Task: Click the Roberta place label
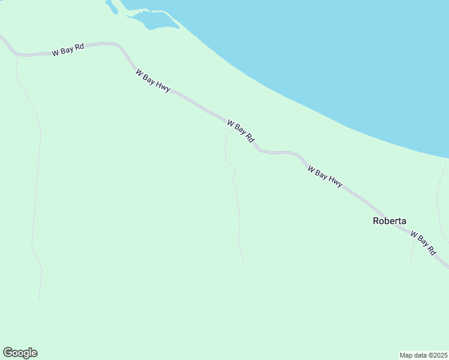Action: [x=389, y=220]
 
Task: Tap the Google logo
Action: [x=20, y=353]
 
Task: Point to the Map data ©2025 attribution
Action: [x=424, y=355]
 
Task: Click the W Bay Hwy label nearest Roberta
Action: [x=325, y=177]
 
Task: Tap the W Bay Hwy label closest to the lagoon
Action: [x=152, y=80]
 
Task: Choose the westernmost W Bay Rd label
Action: [x=67, y=50]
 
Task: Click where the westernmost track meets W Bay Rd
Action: [x=16, y=55]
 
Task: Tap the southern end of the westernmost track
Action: [x=39, y=299]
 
